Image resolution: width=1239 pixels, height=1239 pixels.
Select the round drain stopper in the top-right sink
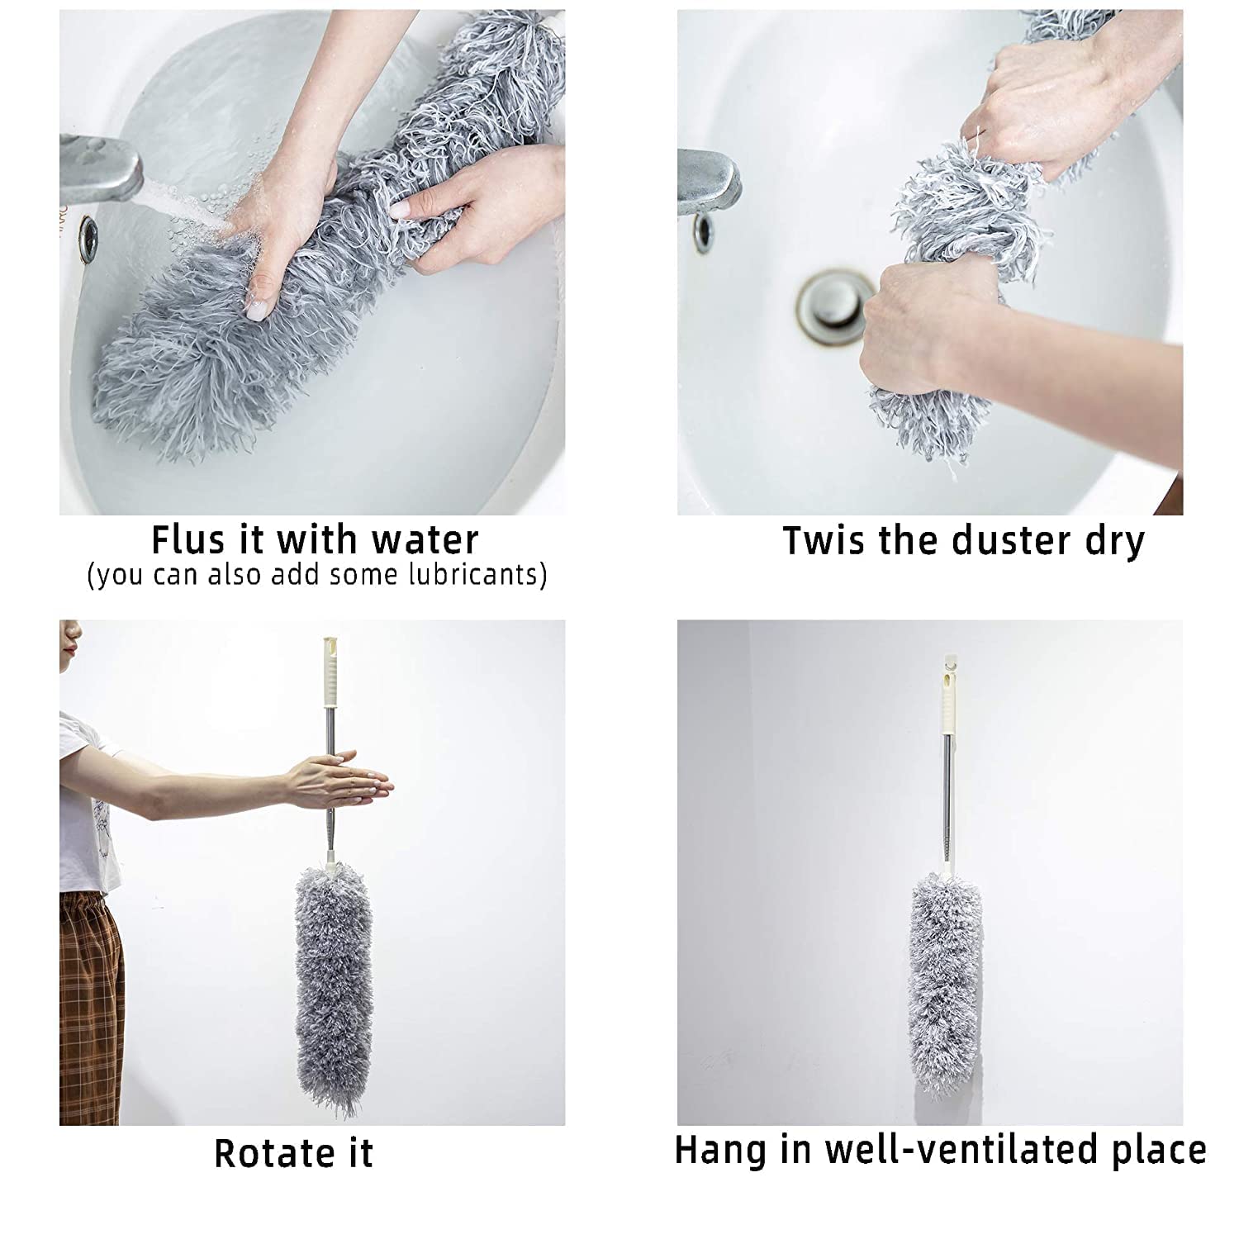tap(835, 301)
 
